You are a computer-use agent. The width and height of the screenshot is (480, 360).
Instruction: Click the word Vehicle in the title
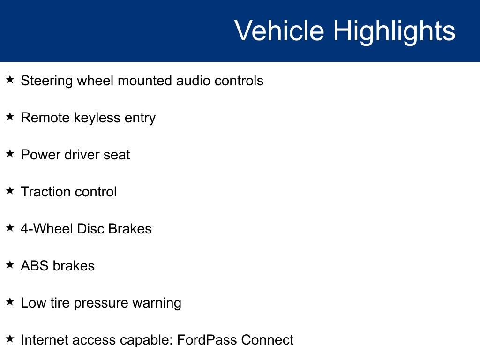pos(279,31)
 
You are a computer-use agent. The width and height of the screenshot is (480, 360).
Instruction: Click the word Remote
pos(45,118)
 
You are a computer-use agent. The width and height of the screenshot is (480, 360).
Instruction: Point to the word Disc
pos(90,229)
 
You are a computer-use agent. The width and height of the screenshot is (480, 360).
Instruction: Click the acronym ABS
pos(35,266)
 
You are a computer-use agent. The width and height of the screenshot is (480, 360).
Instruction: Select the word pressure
pos(100,303)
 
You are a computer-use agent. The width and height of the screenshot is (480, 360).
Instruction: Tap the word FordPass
pos(207,340)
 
